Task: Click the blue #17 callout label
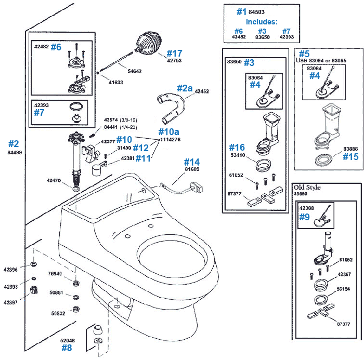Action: [174, 53]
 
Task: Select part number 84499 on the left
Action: [14, 153]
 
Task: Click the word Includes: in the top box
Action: [262, 22]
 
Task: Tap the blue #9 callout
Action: [304, 218]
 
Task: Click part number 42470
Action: [54, 181]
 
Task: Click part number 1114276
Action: [170, 139]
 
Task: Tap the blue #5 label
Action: [305, 53]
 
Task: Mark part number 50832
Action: [58, 313]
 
